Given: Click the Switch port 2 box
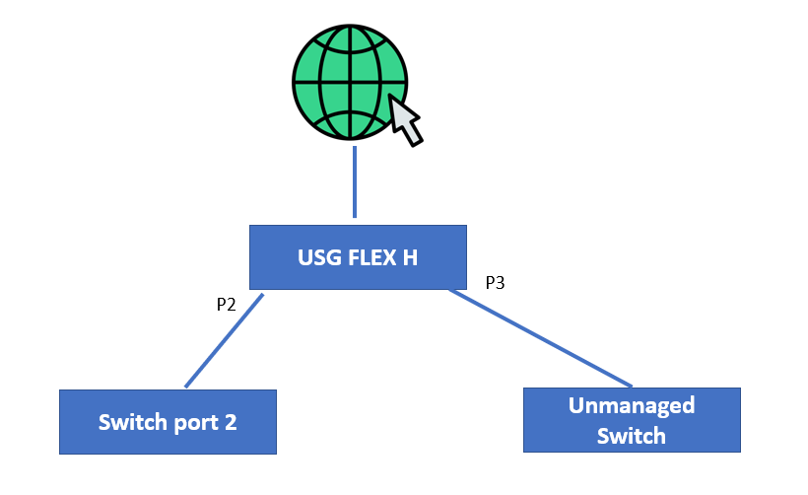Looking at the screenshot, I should (x=168, y=422).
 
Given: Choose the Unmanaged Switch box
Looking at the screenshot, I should (x=631, y=420).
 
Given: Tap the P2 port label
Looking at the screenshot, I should (x=226, y=305).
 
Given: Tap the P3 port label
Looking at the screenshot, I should (x=495, y=283).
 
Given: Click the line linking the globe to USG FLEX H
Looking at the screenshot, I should (x=355, y=182).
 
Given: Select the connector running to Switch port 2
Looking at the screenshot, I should (x=225, y=340).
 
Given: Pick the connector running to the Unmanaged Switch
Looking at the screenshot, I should (x=540, y=338).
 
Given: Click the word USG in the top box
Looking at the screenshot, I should (x=317, y=258).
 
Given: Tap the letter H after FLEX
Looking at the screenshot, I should (x=409, y=258).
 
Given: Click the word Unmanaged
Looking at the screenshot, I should (x=632, y=405).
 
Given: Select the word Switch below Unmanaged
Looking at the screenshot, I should (x=632, y=435).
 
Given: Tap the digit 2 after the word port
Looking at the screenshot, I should (x=231, y=422).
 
